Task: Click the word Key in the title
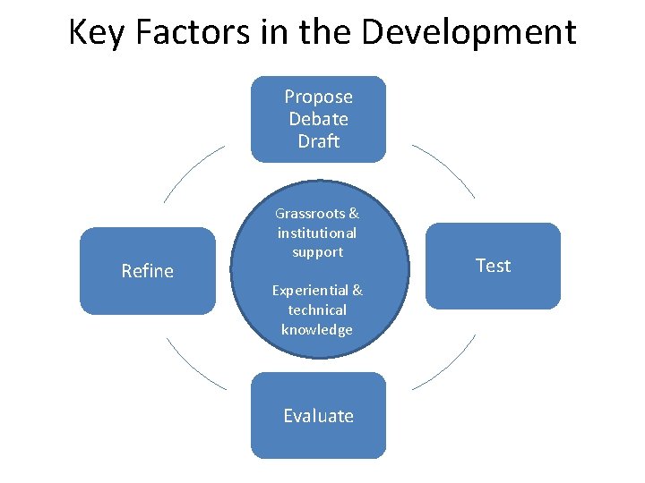94,32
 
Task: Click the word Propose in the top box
318,97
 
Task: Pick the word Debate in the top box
318,119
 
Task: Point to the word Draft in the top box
318,141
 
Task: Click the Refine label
147,271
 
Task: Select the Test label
493,266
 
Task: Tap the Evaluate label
318,416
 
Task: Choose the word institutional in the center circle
316,233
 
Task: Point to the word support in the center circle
317,252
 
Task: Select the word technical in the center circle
317,309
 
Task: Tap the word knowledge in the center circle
317,329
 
